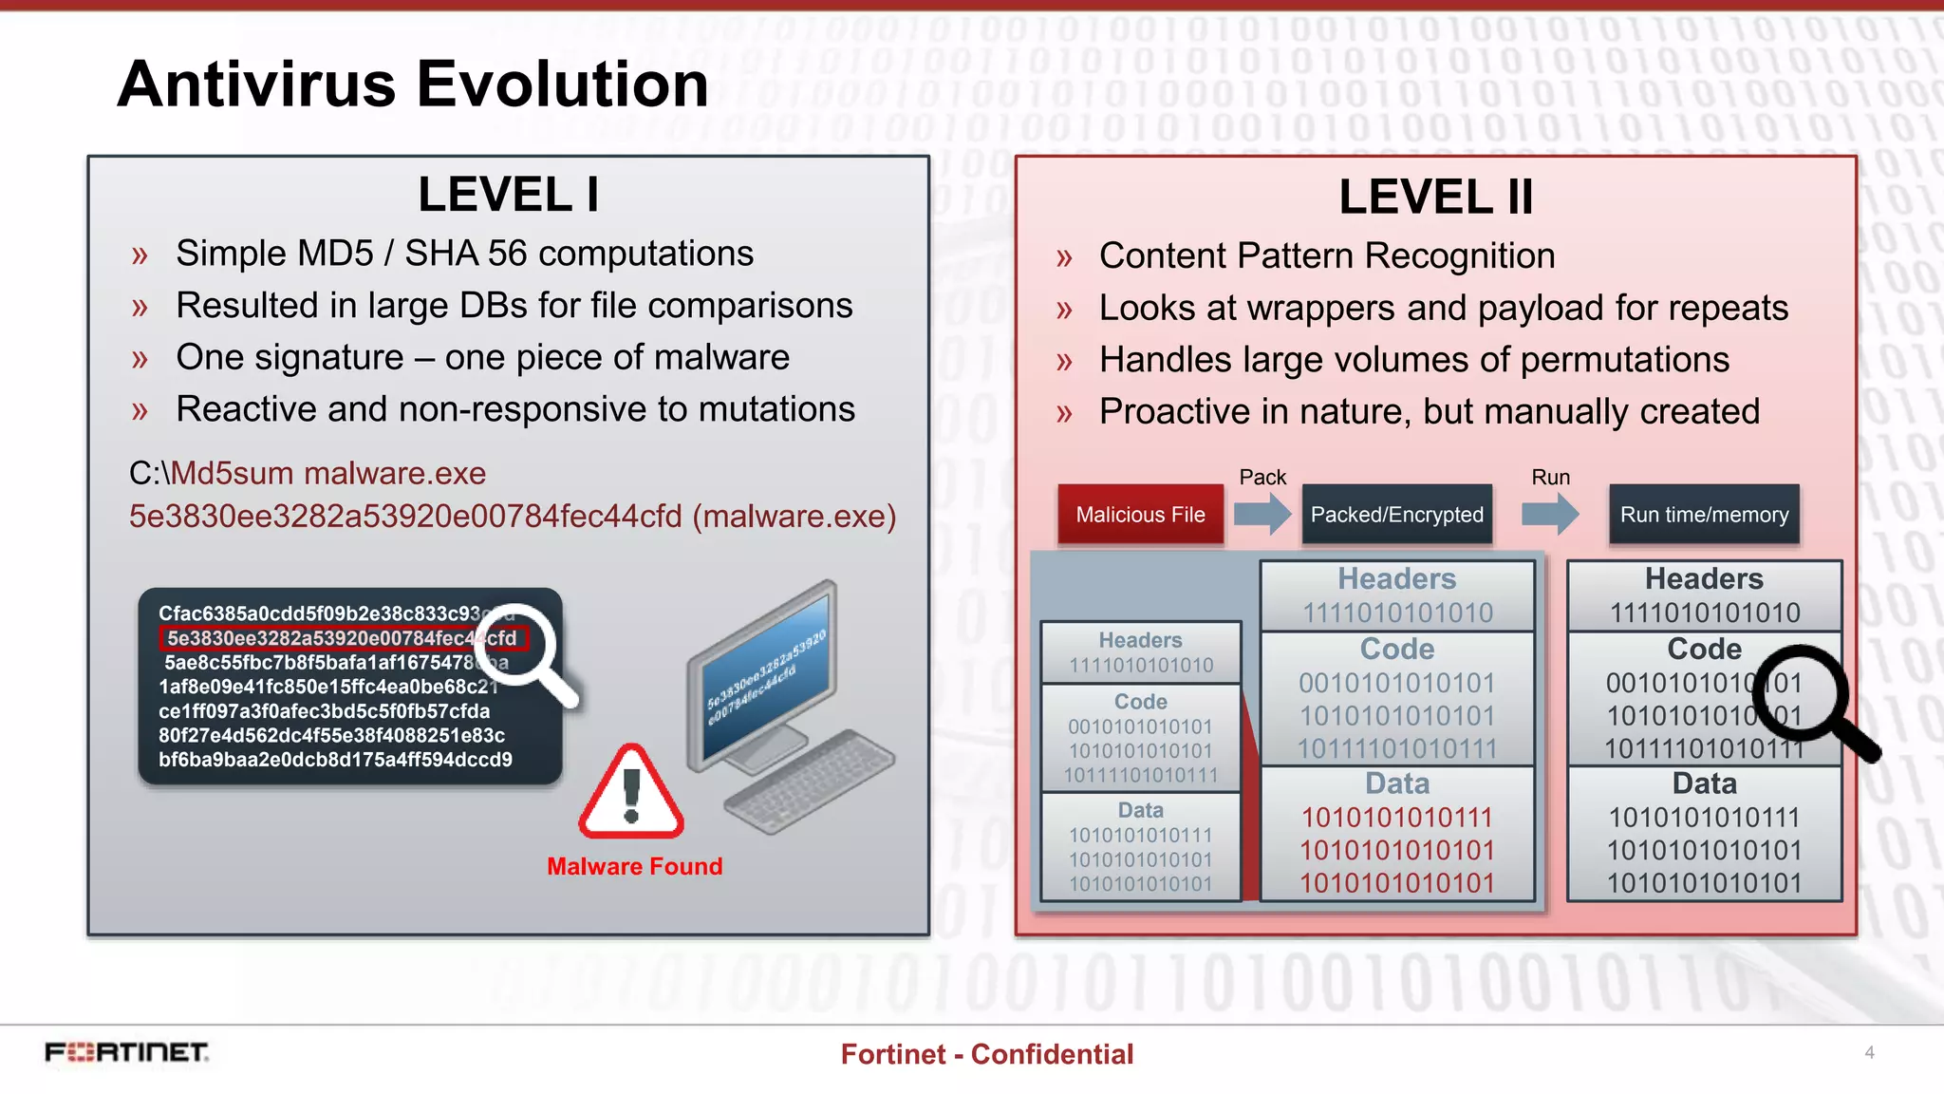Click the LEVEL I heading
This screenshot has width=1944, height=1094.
[x=508, y=195]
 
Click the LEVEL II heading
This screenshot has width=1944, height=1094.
[x=1435, y=198]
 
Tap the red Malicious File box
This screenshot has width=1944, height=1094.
[x=1140, y=515]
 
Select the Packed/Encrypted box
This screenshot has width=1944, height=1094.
[x=1396, y=515]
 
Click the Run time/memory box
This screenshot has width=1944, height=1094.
[x=1704, y=515]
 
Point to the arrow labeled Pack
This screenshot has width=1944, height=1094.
[x=1262, y=514]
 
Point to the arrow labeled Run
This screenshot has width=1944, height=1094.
[x=1549, y=514]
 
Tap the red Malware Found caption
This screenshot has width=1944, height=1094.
[x=634, y=866]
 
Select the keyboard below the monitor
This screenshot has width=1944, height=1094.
[x=809, y=781]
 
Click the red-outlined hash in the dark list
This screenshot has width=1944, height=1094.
[x=342, y=638]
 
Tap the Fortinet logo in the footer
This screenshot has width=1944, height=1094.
[x=126, y=1052]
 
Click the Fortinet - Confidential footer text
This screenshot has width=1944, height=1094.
[x=986, y=1054]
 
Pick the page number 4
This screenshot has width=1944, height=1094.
[x=1869, y=1052]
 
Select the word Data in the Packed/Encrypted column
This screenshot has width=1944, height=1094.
[x=1396, y=783]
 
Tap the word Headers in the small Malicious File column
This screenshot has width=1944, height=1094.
[x=1140, y=640]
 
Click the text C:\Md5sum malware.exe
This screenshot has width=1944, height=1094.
[x=308, y=473]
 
